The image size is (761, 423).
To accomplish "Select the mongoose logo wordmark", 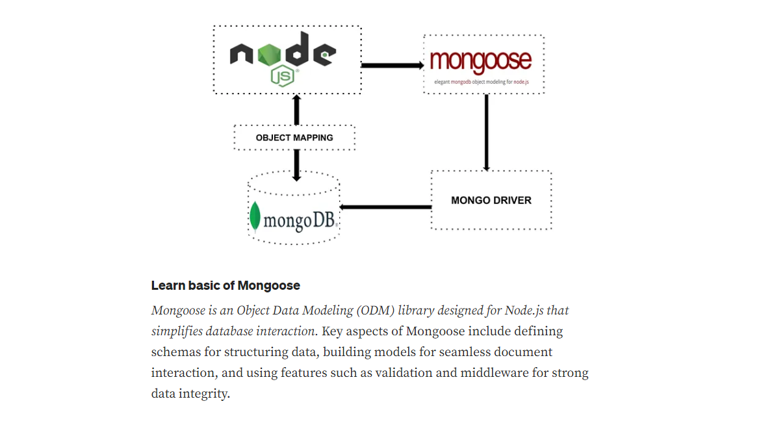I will coord(481,60).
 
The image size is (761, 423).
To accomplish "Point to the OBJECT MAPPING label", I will coord(294,138).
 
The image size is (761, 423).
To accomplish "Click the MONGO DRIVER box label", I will coord(491,200).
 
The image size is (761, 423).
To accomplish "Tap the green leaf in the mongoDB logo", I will coord(255,217).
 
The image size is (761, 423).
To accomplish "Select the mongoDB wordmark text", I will coord(300,221).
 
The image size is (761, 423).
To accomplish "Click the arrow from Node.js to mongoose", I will coord(392,65).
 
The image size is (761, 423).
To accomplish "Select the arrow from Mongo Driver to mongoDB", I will coord(386,207).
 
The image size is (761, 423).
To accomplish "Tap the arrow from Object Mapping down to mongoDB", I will coord(297,164).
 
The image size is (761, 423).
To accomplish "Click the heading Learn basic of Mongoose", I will coord(226,285).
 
